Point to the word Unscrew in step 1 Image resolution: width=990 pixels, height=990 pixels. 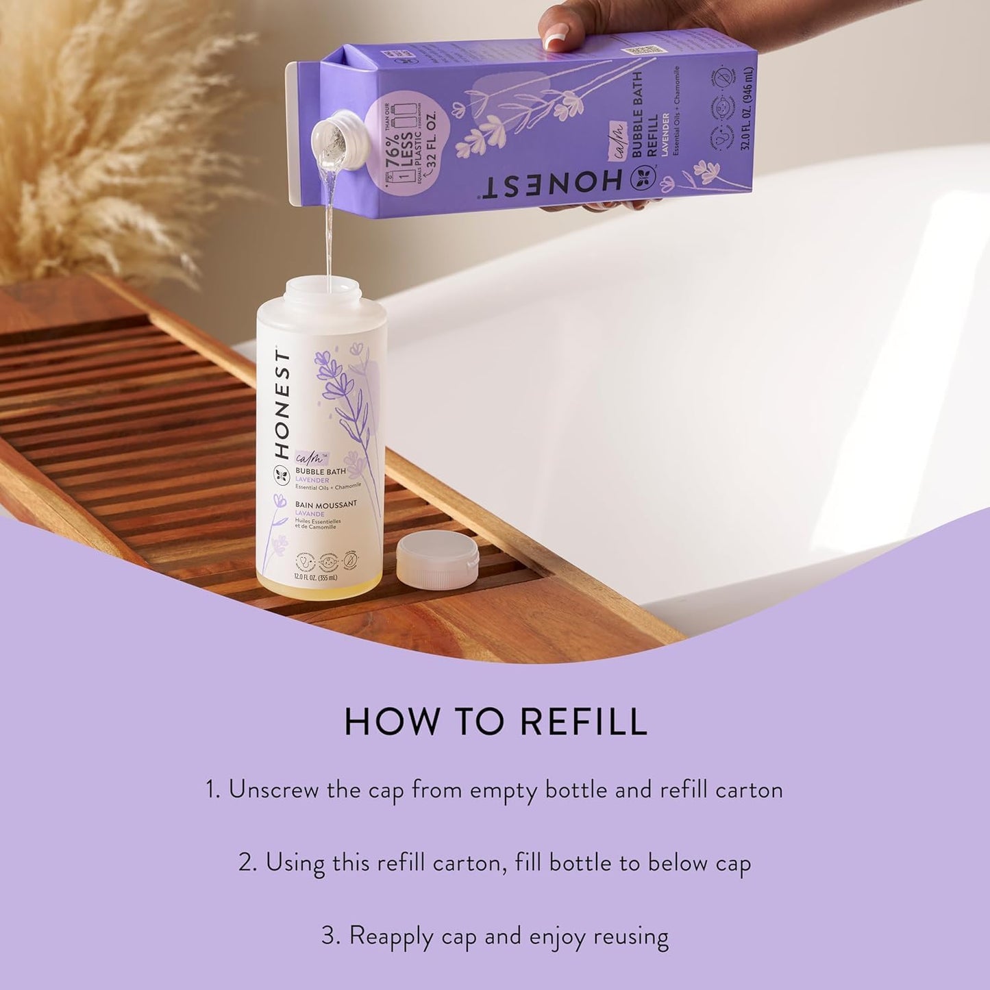click(273, 790)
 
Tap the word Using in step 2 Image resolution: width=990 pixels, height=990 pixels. click(295, 863)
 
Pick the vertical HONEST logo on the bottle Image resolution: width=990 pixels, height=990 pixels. click(281, 405)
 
